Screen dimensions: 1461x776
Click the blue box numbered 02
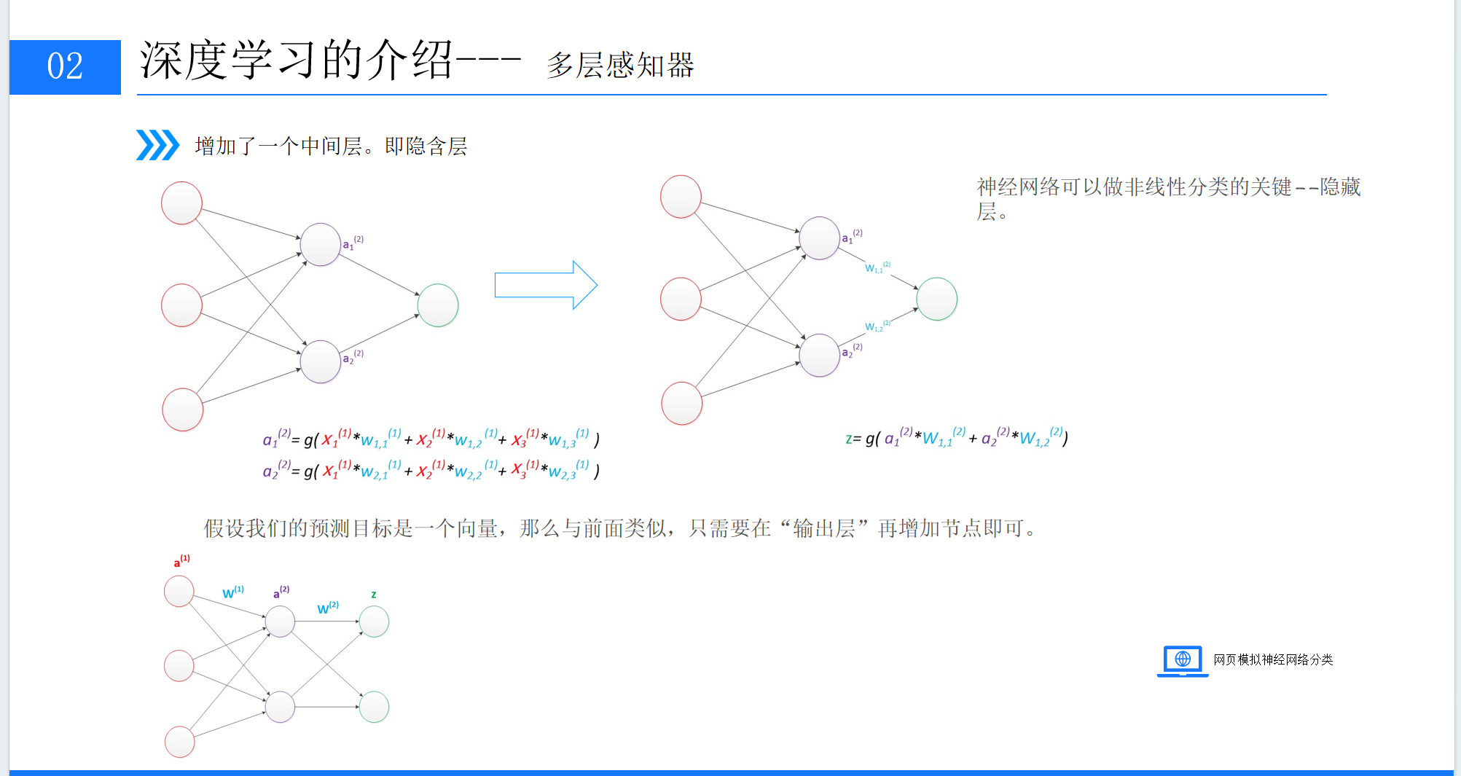[x=65, y=67]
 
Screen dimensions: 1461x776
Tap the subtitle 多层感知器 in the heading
[x=620, y=66]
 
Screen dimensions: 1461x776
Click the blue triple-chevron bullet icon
[x=157, y=145]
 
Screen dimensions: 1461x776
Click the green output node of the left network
[x=438, y=305]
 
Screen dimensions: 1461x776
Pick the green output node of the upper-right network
[x=936, y=299]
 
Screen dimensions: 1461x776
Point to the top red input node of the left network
[x=181, y=203]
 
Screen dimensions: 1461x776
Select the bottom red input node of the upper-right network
[x=681, y=403]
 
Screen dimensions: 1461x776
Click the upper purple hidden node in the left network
[x=321, y=244]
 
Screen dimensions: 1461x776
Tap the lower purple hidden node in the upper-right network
[x=820, y=356]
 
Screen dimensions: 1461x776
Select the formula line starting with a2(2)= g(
[x=431, y=470]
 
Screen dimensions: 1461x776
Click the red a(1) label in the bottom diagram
[x=181, y=560]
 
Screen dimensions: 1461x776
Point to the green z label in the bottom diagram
[x=374, y=595]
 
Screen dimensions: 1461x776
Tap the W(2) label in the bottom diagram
[x=328, y=608]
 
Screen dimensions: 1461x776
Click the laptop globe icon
[x=1182, y=660]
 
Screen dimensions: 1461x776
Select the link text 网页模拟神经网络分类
[x=1273, y=659]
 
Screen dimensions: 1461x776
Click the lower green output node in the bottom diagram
[x=374, y=707]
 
